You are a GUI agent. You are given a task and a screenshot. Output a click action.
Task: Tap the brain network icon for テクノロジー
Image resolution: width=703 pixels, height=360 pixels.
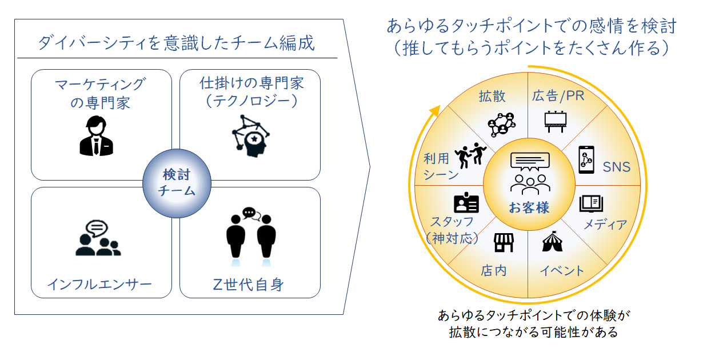250,136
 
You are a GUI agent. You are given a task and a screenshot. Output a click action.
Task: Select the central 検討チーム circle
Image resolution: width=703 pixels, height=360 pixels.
177,183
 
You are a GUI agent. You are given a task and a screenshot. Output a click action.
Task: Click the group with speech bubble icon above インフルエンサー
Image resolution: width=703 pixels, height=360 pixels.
98,238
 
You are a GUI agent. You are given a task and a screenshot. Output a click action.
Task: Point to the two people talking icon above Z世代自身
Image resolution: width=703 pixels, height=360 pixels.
251,236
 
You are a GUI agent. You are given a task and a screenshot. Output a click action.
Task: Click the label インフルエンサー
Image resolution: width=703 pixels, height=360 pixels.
99,285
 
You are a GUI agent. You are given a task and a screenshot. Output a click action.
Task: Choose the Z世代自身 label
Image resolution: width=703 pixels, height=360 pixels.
248,285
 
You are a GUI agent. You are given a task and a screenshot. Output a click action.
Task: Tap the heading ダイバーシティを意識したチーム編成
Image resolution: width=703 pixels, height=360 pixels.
176,43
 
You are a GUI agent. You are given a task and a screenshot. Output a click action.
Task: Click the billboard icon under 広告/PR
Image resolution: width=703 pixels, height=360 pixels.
555,122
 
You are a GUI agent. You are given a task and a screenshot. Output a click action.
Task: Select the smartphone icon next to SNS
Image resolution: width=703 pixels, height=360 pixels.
586,160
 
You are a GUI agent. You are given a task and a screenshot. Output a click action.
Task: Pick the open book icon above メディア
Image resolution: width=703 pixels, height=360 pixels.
591,203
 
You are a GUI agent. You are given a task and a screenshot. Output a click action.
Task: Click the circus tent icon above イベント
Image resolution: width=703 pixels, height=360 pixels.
552,241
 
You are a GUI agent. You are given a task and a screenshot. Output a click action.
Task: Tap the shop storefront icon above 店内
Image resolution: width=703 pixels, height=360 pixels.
504,243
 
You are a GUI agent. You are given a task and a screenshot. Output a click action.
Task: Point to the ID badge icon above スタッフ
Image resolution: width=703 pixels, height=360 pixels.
466,202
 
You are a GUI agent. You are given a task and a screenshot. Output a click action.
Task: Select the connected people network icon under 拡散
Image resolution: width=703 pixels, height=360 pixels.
501,125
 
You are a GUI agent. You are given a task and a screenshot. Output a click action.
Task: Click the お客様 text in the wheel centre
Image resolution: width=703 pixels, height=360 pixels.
529,207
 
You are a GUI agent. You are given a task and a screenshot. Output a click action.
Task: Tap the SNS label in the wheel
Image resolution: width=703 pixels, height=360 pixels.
616,167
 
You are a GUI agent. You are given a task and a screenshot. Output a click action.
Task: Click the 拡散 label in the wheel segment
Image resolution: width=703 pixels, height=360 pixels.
492,96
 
